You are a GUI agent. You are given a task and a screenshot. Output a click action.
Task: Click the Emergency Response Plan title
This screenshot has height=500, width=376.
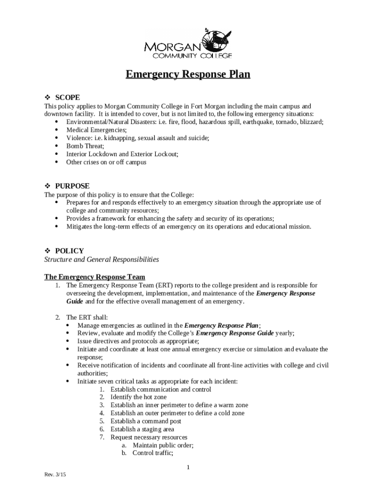(x=188, y=75)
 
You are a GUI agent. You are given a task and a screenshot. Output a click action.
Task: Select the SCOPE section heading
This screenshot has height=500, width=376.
(x=67, y=98)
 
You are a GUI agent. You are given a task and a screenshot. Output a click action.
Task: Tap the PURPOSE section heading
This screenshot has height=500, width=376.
(x=72, y=186)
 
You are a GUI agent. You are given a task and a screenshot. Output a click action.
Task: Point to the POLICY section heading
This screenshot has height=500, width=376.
(x=69, y=251)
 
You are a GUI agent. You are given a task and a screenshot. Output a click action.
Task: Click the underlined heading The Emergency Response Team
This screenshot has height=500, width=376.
(x=94, y=277)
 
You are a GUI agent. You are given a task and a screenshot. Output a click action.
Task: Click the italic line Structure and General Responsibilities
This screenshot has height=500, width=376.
(x=102, y=259)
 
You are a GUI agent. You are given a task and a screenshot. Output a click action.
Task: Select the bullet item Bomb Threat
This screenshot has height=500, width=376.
(x=85, y=146)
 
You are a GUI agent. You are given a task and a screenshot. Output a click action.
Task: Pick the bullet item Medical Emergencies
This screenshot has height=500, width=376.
(x=96, y=130)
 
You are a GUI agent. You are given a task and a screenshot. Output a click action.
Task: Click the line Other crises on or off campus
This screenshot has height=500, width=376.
(x=106, y=162)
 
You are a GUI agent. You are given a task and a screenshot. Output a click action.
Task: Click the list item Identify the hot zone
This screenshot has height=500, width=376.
(x=138, y=397)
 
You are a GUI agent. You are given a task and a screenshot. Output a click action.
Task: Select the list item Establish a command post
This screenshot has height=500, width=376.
(x=146, y=421)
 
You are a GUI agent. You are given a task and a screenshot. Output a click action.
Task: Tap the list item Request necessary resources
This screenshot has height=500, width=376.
(x=148, y=437)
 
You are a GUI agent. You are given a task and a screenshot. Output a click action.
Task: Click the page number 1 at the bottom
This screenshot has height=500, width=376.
(x=188, y=468)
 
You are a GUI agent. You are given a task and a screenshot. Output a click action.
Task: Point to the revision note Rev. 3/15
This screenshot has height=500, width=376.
(x=55, y=475)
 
